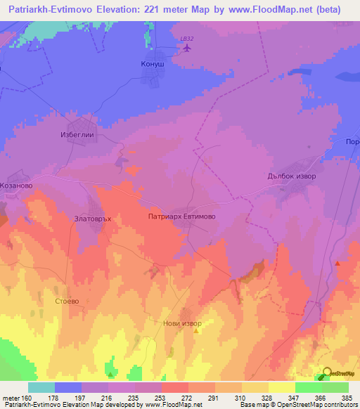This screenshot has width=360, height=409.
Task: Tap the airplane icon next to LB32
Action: point(187,48)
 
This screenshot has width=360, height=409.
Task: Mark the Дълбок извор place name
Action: point(292,176)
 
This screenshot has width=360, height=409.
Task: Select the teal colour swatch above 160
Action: point(41,387)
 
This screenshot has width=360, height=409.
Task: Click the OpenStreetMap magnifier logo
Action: point(326,372)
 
